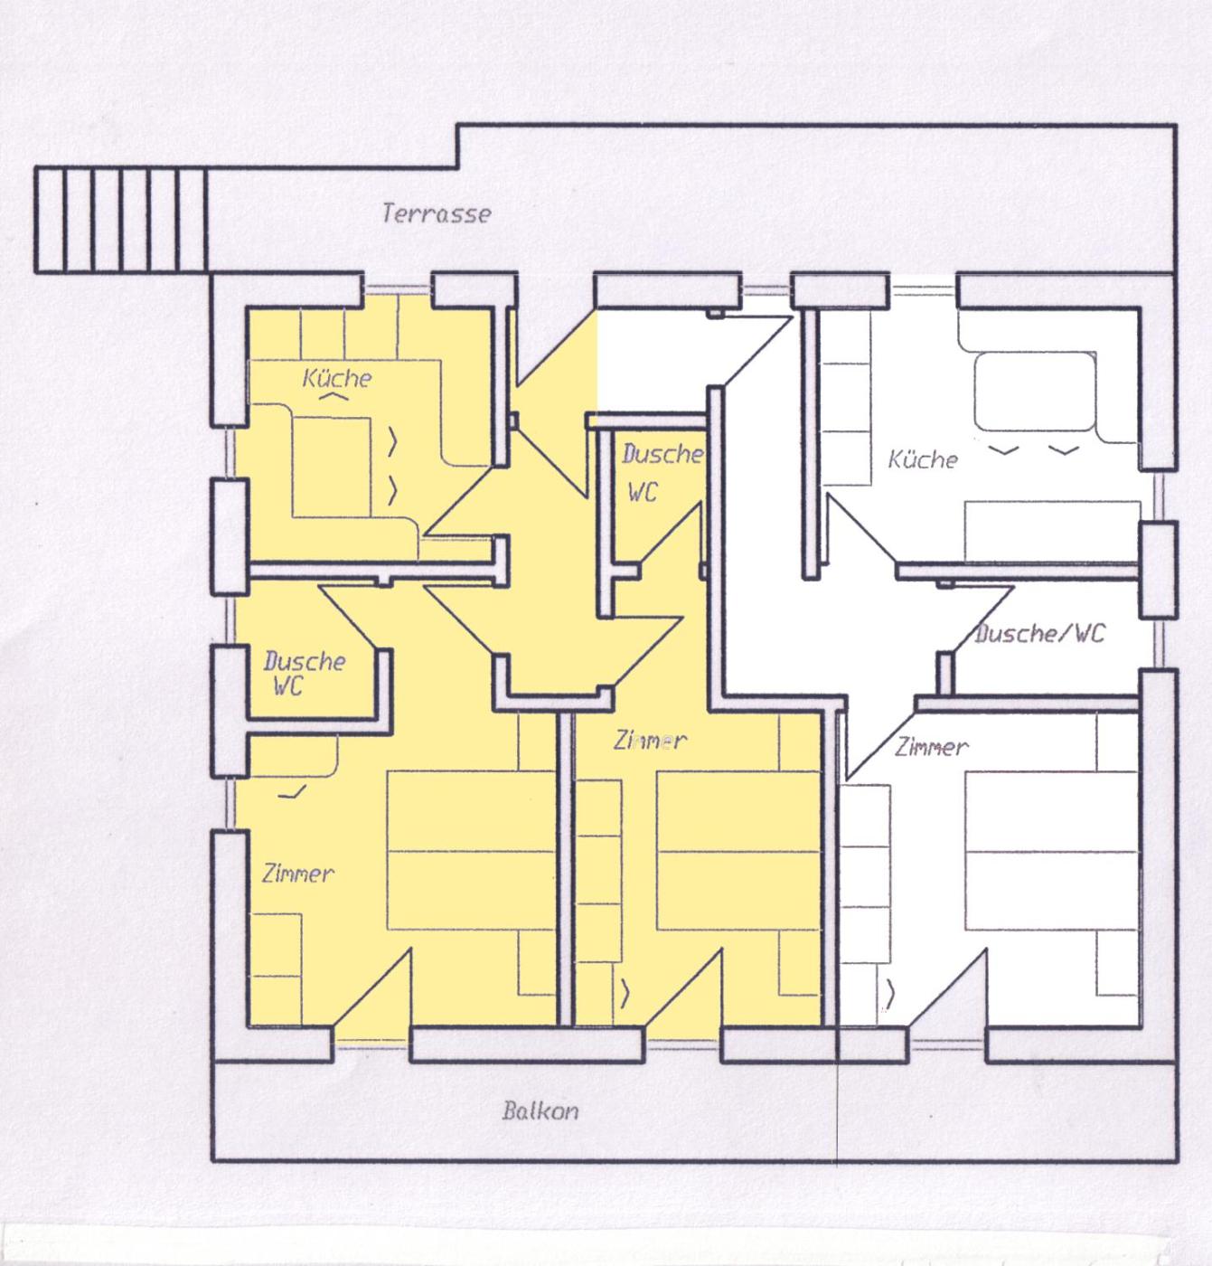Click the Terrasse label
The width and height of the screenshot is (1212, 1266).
coord(437,213)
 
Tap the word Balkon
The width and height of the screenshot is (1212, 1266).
coord(540,1110)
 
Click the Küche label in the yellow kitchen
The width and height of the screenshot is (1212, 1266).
coord(337,378)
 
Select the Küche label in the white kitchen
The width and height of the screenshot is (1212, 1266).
coord(923,459)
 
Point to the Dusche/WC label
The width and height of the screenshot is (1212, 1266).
coord(1039,633)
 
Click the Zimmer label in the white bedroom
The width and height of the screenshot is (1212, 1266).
coord(931,747)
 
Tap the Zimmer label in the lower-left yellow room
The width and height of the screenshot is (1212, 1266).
coord(297,873)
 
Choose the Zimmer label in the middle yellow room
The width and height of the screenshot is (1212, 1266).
coord(650,741)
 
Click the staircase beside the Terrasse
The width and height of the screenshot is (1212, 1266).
coord(121,220)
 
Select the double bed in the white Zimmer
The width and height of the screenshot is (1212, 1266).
coord(1052,851)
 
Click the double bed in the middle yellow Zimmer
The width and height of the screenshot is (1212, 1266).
coord(738,851)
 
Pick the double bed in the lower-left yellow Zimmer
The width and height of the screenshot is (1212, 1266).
coord(472,851)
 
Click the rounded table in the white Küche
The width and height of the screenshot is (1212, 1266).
coord(1035,391)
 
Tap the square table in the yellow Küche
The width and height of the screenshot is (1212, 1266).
coord(331,468)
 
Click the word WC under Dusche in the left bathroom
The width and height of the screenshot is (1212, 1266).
coord(288,685)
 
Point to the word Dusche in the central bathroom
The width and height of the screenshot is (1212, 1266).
coord(662,454)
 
